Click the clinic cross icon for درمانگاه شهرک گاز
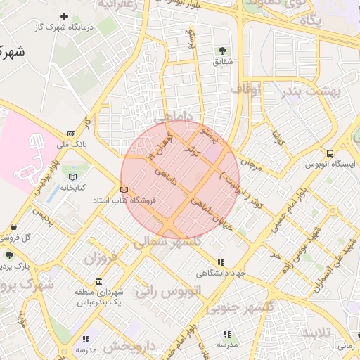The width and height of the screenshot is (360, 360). click(65, 16)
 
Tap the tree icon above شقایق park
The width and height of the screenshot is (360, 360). click(222, 50)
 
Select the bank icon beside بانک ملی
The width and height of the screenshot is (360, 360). click(71, 134)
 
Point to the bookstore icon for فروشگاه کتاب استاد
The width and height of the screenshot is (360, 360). click(124, 190)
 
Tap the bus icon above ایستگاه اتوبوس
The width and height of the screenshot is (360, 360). click(330, 153)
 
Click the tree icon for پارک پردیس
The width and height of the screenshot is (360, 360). click(9, 255)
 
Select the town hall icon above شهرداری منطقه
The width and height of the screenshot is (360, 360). click(99, 281)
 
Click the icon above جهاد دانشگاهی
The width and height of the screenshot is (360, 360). click(221, 262)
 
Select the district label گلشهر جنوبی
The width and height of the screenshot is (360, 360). click(264, 307)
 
